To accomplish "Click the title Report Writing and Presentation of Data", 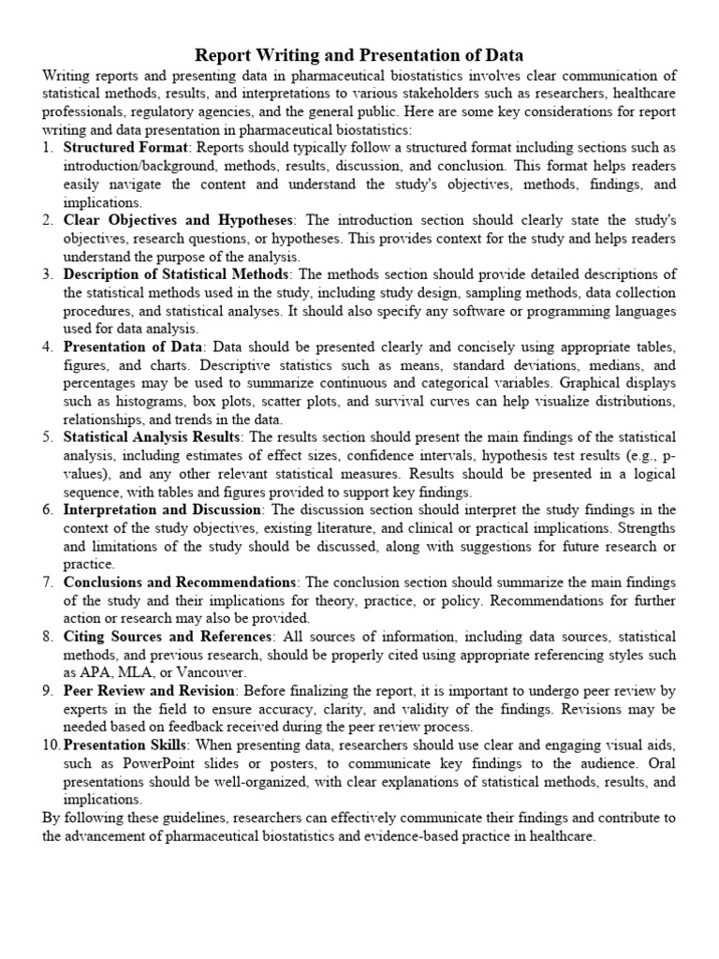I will coord(359,55).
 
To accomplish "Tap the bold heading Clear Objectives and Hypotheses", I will coord(178,220).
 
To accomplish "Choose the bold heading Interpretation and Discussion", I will coord(162,510).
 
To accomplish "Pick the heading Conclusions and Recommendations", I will coord(181,583).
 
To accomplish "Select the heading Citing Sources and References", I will coord(169,637).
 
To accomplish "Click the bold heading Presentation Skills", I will coord(125,745).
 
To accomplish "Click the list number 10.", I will coord(51,745).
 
